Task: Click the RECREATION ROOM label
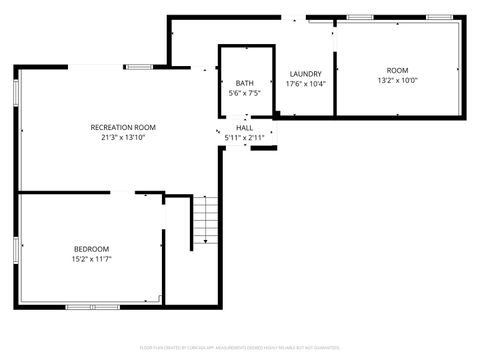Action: click(123, 127)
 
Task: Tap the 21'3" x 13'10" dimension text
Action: click(123, 138)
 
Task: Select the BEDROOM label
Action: click(91, 248)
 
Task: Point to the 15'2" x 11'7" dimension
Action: click(91, 259)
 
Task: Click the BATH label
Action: click(245, 83)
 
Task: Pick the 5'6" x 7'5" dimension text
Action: click(245, 93)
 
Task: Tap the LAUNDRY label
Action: click(305, 74)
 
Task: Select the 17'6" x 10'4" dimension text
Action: click(305, 84)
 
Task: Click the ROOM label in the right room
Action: click(397, 70)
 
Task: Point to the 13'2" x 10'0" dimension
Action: click(397, 81)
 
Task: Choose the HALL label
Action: click(244, 128)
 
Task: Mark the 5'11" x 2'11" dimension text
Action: click(244, 138)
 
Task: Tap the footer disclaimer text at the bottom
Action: click(240, 347)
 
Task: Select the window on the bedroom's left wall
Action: click(15, 249)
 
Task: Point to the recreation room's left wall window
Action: click(15, 89)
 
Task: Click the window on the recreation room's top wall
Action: click(138, 66)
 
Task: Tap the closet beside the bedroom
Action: click(177, 250)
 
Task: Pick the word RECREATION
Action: click(109, 127)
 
